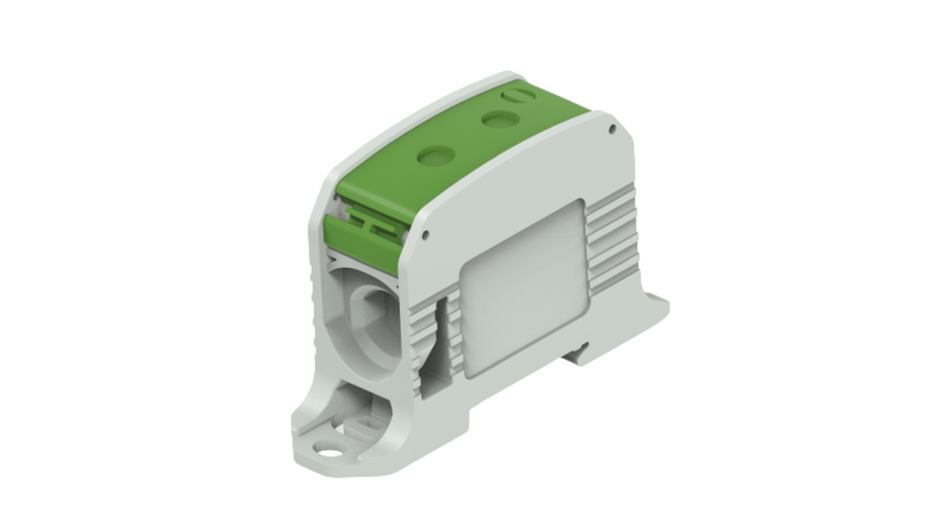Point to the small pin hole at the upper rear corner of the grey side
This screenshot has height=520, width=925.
point(612,129)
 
